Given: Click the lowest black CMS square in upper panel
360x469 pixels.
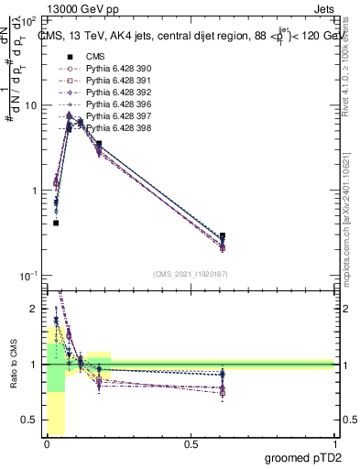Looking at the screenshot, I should coord(56,223).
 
